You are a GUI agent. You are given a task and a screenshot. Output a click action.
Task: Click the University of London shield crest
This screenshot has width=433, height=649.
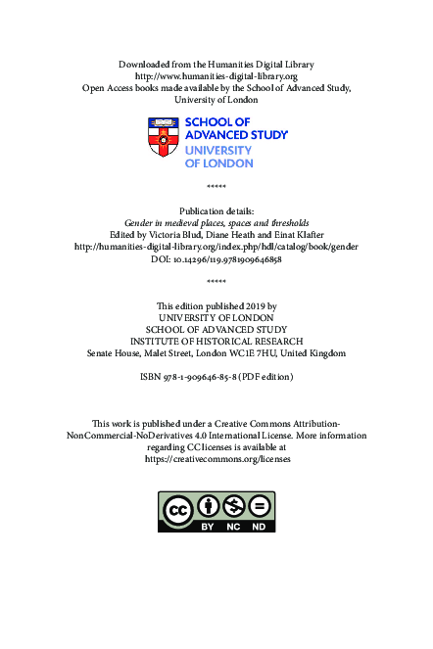(163, 137)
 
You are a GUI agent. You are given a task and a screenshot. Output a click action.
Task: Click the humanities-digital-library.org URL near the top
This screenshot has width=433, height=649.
(216, 74)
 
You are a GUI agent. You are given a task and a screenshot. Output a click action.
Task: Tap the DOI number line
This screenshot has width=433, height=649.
(216, 260)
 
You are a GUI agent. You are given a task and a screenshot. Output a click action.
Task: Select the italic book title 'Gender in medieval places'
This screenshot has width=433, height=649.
(216, 222)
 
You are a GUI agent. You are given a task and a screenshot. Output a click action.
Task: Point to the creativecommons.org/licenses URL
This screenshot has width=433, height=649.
(216, 458)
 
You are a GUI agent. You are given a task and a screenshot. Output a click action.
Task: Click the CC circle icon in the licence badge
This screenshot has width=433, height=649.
(178, 510)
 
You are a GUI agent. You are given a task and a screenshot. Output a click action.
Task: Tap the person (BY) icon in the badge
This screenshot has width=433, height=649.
(208, 507)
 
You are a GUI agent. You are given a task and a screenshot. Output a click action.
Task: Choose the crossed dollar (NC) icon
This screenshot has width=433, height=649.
(234, 507)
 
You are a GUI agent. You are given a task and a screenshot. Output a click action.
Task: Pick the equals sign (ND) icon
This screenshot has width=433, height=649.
(260, 507)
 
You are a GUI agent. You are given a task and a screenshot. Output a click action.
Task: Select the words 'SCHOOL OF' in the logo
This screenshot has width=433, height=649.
(213, 123)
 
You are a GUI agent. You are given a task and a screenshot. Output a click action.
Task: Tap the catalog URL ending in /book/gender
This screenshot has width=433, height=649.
(216, 248)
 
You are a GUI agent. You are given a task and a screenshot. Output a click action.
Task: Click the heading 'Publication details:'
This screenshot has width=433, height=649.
(216, 210)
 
